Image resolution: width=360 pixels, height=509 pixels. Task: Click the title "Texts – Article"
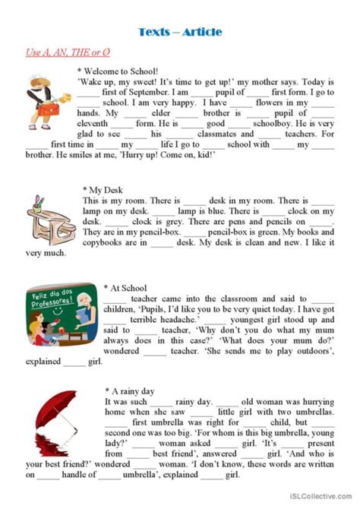pos(180,31)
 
